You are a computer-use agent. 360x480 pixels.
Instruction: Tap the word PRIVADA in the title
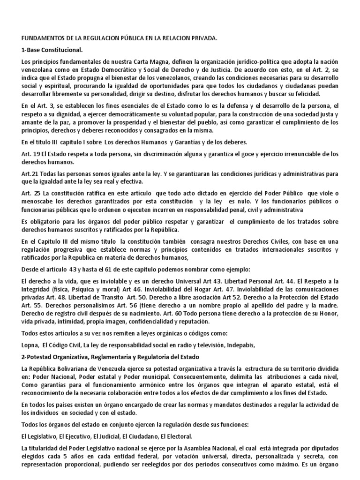pos(203,40)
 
